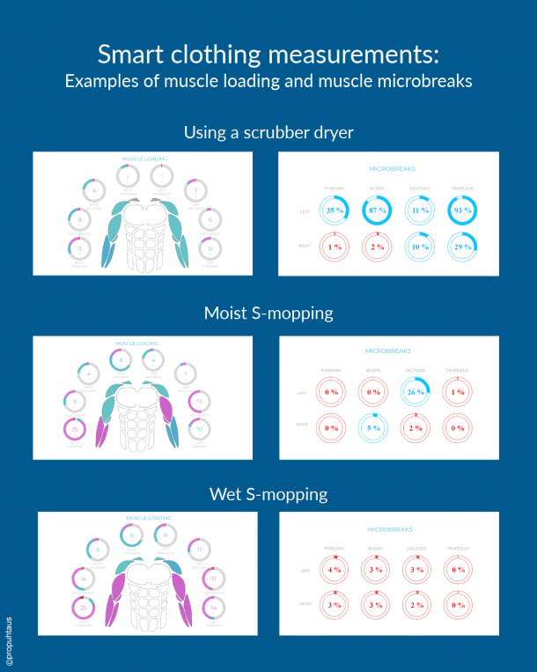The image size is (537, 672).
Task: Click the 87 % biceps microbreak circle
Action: tap(375, 211)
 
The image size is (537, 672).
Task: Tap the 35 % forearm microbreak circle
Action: tap(333, 211)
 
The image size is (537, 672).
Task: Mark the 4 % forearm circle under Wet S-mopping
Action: tap(333, 569)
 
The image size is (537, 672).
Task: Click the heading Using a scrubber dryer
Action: tap(268, 133)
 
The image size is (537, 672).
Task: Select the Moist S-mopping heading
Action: tap(268, 313)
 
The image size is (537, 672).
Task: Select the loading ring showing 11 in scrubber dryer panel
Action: tap(79, 247)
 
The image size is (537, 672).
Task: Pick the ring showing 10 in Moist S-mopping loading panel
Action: tap(201, 429)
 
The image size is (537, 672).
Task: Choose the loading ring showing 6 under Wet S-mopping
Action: tap(163, 535)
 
